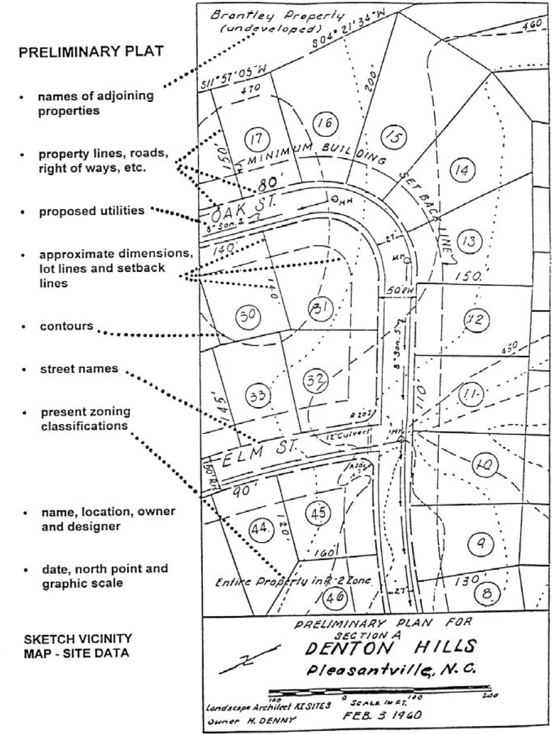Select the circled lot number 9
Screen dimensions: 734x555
pyautogui.click(x=481, y=541)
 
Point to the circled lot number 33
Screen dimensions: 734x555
pyautogui.click(x=255, y=396)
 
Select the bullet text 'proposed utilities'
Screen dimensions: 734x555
pyautogui.click(x=92, y=211)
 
